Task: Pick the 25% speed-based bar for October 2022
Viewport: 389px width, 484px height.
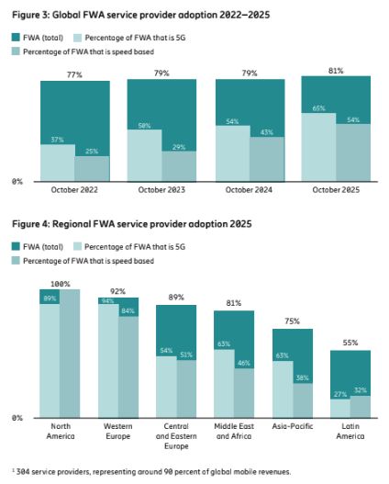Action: (x=92, y=169)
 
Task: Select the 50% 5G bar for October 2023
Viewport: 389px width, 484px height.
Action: (x=145, y=156)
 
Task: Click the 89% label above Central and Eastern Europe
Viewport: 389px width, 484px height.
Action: (x=177, y=298)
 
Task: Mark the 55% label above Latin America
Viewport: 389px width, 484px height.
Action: (x=350, y=342)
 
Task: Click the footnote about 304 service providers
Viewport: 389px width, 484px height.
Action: (x=149, y=471)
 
